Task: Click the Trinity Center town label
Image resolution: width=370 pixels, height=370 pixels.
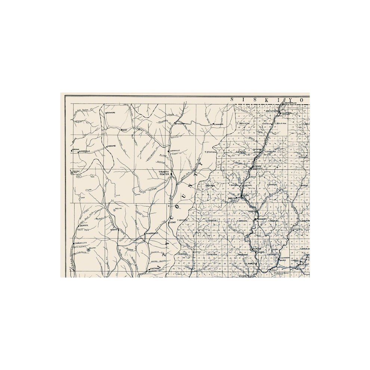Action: coord(164,172)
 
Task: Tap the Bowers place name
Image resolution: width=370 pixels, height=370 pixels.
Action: coord(111,112)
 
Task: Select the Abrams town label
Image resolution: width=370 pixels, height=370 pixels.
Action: coord(112,146)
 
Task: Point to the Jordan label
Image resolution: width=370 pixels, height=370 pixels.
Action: coord(76,149)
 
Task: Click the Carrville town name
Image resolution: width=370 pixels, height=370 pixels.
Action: coord(175,151)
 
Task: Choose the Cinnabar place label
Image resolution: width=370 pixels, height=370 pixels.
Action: coord(219,124)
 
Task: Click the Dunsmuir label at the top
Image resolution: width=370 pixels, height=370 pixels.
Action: coord(290,103)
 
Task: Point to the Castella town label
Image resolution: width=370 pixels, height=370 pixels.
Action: coord(266,123)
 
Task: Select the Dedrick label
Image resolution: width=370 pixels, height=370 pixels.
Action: coord(84,225)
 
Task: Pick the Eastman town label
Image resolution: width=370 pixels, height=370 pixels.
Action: coord(155,268)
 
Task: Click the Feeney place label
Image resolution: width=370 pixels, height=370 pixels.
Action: coord(172,222)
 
